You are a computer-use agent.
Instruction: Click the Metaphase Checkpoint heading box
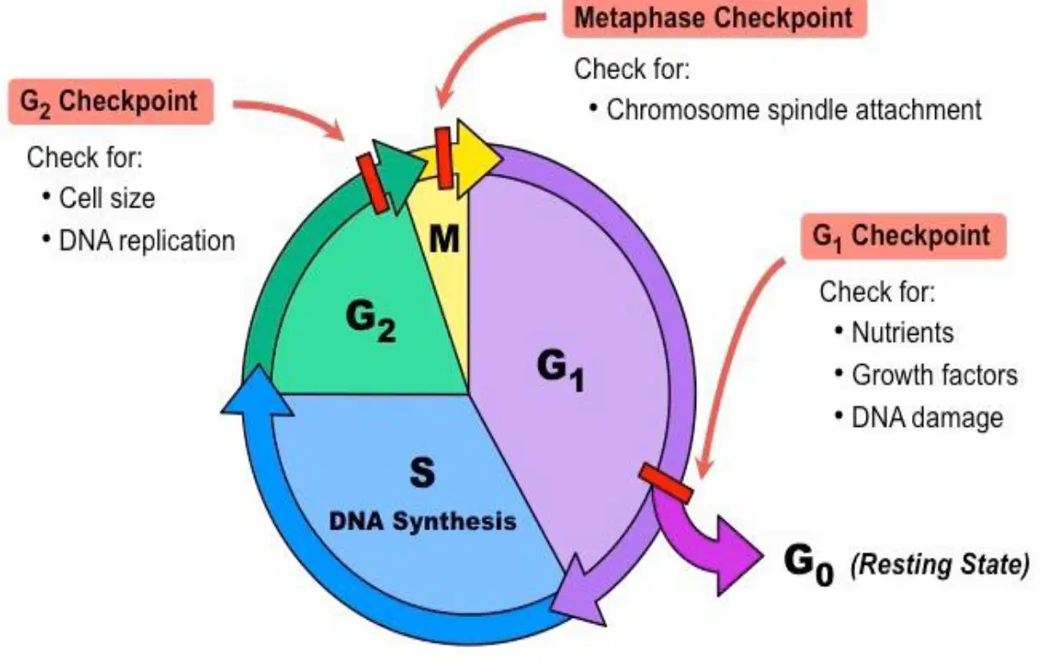pyautogui.click(x=715, y=18)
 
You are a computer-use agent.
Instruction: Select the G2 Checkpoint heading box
pyautogui.click(x=111, y=102)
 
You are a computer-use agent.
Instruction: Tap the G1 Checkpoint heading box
pyautogui.click(x=903, y=236)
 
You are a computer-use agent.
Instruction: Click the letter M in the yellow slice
pyautogui.click(x=444, y=239)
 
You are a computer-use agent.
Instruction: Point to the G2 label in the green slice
pyautogui.click(x=371, y=321)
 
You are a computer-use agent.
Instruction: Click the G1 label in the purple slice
pyautogui.click(x=560, y=370)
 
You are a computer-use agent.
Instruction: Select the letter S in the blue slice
pyautogui.click(x=422, y=472)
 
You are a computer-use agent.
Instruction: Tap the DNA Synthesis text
pyautogui.click(x=422, y=521)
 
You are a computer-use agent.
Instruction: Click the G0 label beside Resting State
pyautogui.click(x=809, y=565)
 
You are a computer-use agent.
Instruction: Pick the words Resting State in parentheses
pyautogui.click(x=939, y=565)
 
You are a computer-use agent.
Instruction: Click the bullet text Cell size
pyautogui.click(x=107, y=198)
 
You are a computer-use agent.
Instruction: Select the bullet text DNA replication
pyautogui.click(x=147, y=241)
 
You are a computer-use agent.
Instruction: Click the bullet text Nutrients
pyautogui.click(x=902, y=333)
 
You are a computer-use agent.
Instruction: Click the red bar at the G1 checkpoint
pyautogui.click(x=666, y=483)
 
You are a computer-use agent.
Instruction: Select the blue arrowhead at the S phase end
pyautogui.click(x=257, y=392)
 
